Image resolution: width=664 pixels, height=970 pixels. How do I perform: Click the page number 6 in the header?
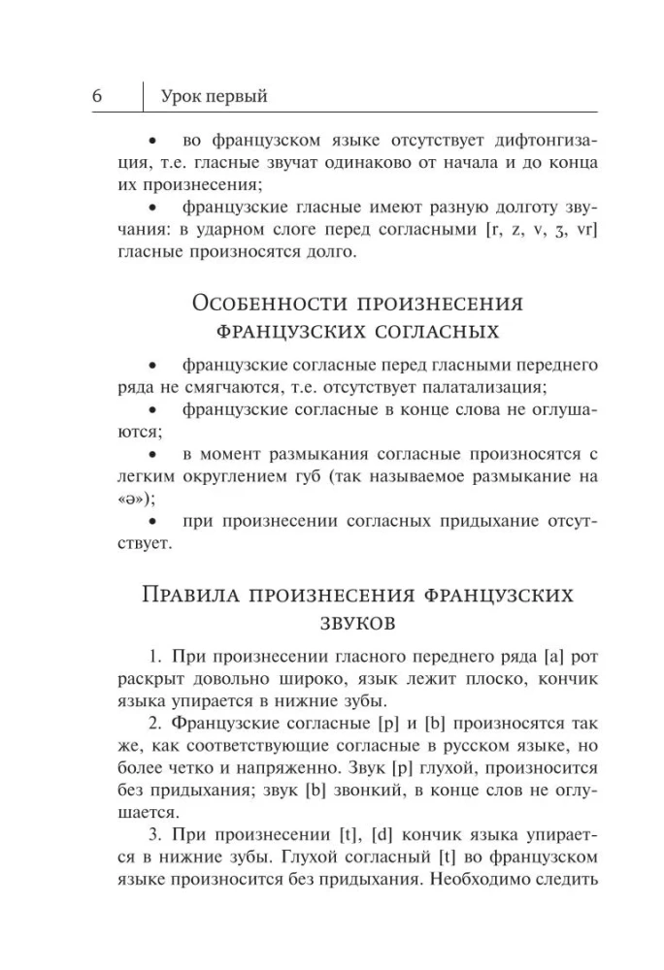[x=98, y=96]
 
